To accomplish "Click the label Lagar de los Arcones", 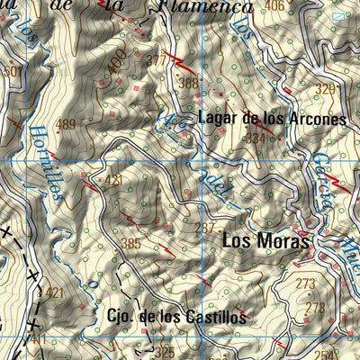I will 272,119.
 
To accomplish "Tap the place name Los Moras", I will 265,241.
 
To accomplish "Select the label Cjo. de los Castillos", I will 175,317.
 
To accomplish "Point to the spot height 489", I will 67,125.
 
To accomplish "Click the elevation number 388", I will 188,84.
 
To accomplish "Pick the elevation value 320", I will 325,89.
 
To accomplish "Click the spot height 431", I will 112,181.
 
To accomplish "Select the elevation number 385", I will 130,243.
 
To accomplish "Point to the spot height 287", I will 204,228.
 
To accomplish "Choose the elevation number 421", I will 55,292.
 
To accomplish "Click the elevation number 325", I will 164,352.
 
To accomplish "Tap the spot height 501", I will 12,70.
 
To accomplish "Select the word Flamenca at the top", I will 206,8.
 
